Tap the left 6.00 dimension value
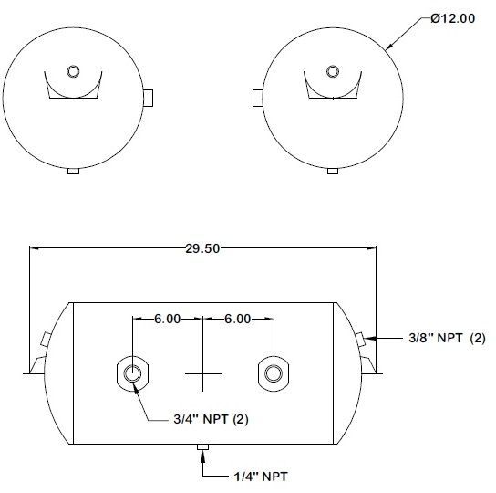(167, 319)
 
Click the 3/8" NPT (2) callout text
(446, 338)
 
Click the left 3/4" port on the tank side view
(132, 372)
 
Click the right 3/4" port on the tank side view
(273, 372)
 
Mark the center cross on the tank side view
(202, 372)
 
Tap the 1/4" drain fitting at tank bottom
(202, 446)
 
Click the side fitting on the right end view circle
(407, 98)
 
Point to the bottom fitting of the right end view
(330, 170)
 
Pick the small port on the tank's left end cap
(44, 340)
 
